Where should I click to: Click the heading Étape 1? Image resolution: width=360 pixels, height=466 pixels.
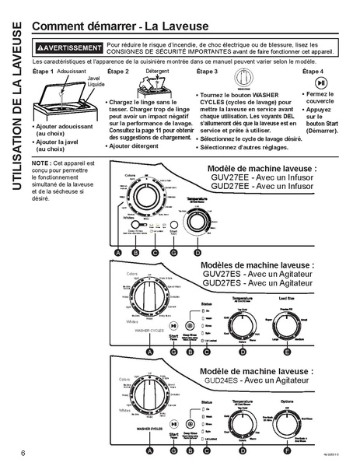(43, 72)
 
